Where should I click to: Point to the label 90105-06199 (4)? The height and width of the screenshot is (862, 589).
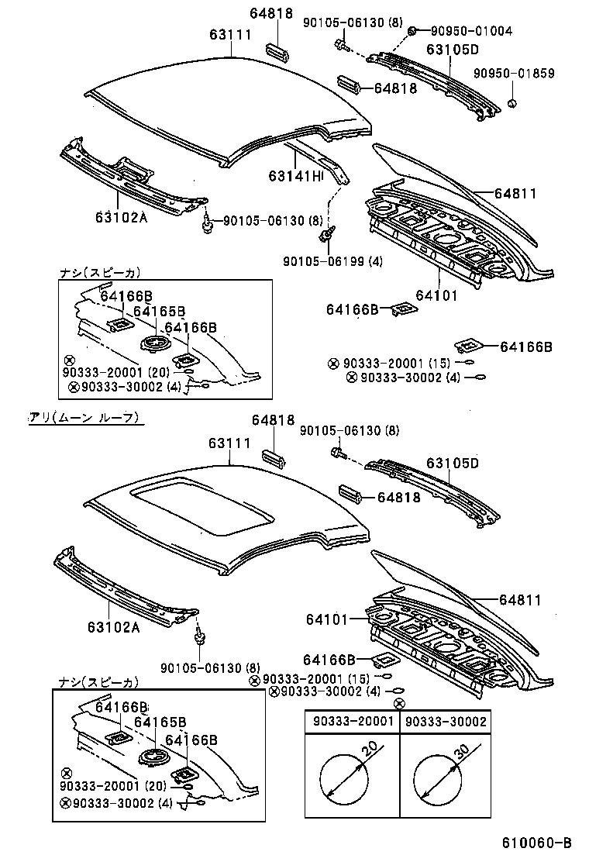[x=332, y=260]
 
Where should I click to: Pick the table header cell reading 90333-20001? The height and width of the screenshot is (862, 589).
[x=351, y=722]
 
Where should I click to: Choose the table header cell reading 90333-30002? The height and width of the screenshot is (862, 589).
[x=446, y=722]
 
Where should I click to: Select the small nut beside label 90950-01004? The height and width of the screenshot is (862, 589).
[x=413, y=30]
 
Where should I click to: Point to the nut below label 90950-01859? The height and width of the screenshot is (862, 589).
[x=512, y=102]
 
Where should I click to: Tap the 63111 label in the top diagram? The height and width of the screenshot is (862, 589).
[x=230, y=35]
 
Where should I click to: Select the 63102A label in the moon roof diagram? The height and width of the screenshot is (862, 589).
[x=113, y=627]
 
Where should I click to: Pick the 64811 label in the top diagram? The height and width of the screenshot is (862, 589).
[x=518, y=194]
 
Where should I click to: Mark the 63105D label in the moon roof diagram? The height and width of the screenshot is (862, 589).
[x=453, y=464]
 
